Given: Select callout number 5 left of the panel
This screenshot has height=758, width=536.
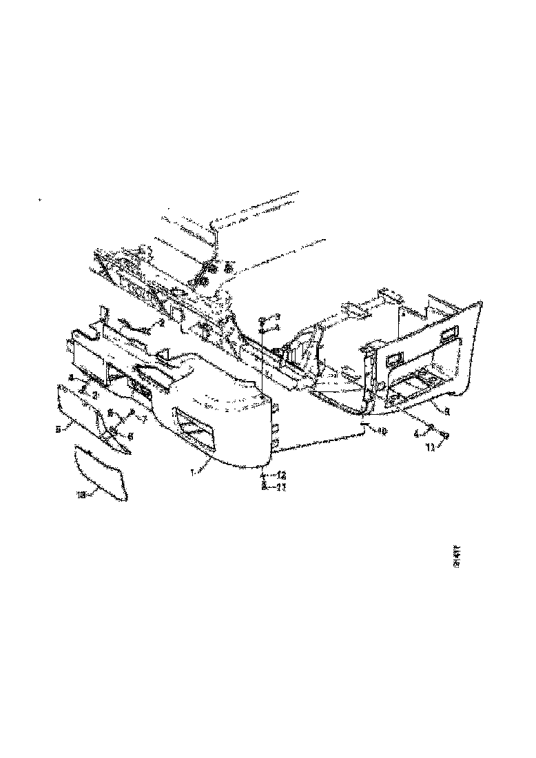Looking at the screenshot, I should tap(60, 429).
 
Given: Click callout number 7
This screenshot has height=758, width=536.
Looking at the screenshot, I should tap(144, 419).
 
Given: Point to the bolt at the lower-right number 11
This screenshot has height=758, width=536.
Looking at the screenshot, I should tap(444, 436).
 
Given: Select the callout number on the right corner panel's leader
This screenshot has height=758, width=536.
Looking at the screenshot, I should tap(446, 413).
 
